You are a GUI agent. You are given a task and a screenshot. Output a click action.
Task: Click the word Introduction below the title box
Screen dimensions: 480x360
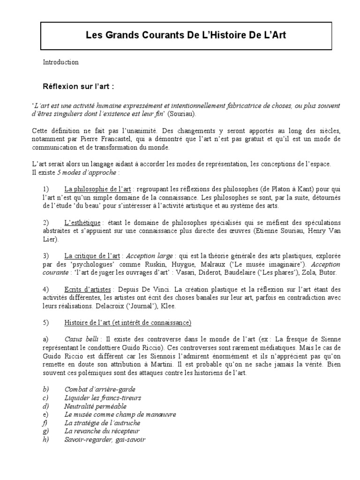61,62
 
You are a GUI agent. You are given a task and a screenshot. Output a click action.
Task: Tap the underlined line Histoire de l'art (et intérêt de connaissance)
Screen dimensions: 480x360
128,322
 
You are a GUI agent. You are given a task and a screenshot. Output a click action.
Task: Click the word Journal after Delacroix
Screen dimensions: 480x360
167,306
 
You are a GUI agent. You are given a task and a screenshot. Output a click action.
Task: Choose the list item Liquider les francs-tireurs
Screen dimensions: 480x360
103,398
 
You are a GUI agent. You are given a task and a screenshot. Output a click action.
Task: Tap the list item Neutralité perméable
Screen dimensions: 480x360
96,406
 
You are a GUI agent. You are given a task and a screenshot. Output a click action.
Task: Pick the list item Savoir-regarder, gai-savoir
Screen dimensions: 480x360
105,439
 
